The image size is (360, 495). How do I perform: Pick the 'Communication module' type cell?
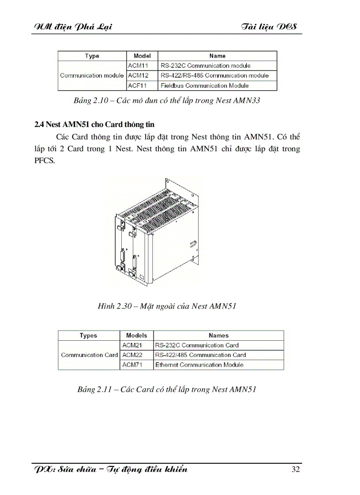[92, 75]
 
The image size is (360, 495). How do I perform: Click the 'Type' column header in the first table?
[92, 56]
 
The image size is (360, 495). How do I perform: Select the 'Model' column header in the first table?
[142, 56]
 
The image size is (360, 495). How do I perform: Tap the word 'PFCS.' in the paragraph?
[45, 160]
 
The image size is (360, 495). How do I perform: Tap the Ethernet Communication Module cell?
[199, 365]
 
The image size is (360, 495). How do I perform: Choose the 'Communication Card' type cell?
[89, 355]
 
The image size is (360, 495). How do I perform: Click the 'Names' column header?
[219, 335]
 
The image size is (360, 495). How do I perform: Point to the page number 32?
[296, 469]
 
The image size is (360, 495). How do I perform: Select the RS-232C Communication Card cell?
[197, 345]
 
